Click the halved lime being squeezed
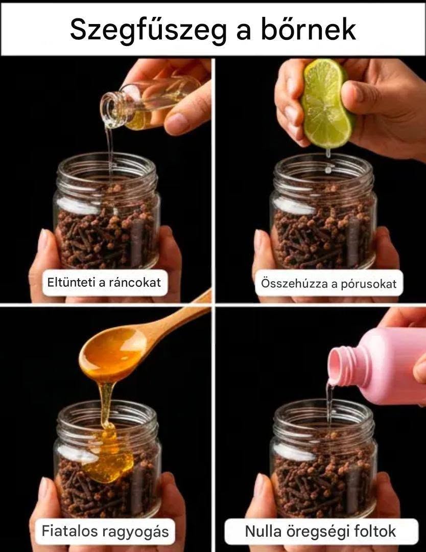[x=327, y=103]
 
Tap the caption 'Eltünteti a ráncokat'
[x=104, y=282]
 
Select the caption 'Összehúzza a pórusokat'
[x=328, y=283]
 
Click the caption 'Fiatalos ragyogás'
[x=105, y=531]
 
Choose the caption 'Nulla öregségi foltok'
[x=320, y=531]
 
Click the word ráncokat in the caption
[x=135, y=282]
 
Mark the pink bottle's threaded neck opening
[x=340, y=366]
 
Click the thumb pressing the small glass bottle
[x=182, y=119]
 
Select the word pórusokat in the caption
[x=368, y=284]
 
